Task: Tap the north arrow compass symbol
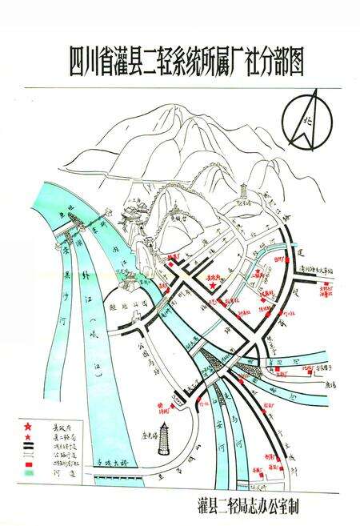(309, 121)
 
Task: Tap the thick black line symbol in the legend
(29, 448)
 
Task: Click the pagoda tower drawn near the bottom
(166, 438)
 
